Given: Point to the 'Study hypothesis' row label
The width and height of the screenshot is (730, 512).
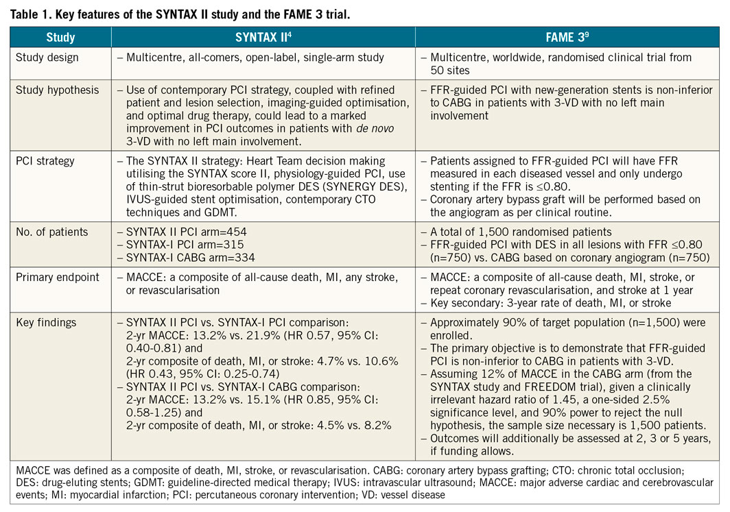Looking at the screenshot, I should point(58,90).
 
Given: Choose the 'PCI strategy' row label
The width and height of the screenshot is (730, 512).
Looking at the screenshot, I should point(45,162).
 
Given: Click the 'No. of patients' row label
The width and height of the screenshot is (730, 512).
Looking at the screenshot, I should point(52,232).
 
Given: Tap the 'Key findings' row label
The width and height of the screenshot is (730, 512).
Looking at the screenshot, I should point(46,323).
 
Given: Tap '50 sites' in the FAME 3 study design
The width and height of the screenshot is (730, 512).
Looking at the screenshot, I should point(452,71).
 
